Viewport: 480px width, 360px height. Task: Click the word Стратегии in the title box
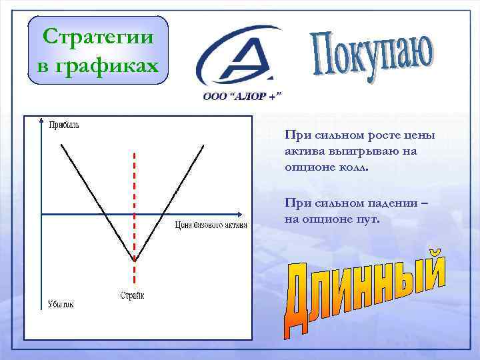tap(99, 36)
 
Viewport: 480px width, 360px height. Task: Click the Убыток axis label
tap(60, 304)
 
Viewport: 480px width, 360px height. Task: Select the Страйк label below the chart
tap(132, 295)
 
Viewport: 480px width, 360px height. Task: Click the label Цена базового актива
tap(211, 225)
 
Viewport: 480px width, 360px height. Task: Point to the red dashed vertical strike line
tap(135, 187)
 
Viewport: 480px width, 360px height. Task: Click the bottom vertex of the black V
tap(135, 259)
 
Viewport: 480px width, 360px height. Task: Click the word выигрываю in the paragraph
tap(352, 151)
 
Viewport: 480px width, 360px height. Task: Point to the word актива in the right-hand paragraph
tap(300, 151)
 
